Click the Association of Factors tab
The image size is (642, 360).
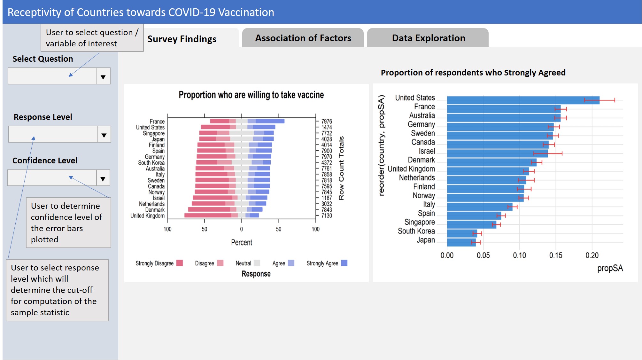point(303,38)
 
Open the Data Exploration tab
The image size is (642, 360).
point(428,38)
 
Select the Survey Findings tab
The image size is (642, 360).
point(182,39)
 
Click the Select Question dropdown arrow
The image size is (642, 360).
point(103,76)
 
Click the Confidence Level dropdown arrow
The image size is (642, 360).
point(103,178)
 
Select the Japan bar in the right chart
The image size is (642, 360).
point(461,242)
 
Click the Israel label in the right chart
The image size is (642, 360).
point(427,151)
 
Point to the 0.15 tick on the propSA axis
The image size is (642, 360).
point(555,255)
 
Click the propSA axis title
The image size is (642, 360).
point(610,268)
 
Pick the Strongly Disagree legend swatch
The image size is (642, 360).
point(180,263)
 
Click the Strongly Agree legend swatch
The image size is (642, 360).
point(344,263)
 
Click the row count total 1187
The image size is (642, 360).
point(327,198)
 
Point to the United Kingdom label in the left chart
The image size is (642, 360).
point(148,216)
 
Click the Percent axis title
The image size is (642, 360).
point(242,243)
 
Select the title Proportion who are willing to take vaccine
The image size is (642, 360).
point(251,95)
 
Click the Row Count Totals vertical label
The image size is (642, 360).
point(341,168)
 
